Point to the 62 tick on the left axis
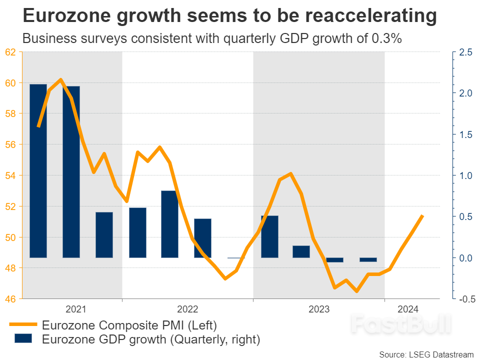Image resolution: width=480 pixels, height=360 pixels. (x=10, y=52)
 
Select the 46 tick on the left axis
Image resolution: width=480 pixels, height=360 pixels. (x=10, y=299)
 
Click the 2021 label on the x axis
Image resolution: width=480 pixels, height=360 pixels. (x=75, y=309)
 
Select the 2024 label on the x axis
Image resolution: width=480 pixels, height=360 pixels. (x=408, y=309)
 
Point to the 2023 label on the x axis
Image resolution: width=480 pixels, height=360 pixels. (x=319, y=309)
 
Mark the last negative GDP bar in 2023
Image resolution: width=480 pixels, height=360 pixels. (x=368, y=259)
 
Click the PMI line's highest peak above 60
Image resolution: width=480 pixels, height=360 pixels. (x=60, y=79)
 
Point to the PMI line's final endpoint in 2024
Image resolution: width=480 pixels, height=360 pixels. (x=423, y=215)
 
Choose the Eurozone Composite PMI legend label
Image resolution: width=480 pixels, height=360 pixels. (x=129, y=325)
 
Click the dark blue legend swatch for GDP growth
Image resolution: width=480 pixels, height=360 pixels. (x=21, y=339)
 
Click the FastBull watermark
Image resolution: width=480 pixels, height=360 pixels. (x=400, y=324)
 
